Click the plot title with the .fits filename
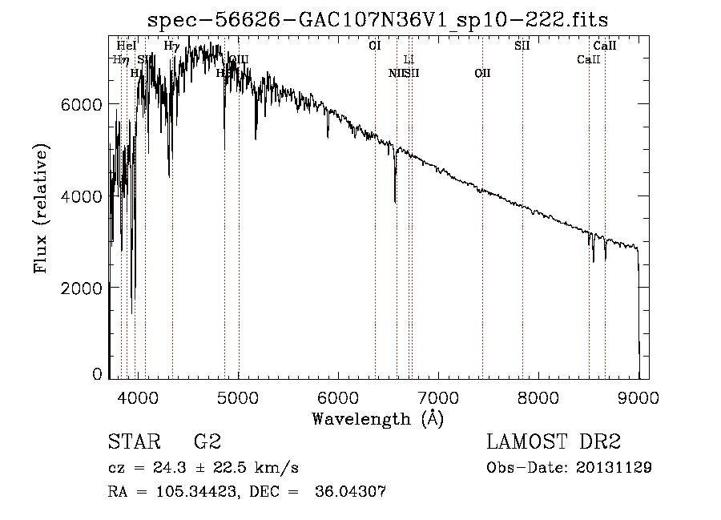point(378,18)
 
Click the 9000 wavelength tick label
point(638,396)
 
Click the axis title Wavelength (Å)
point(377,418)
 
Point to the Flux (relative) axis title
point(41,208)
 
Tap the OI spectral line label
point(375,46)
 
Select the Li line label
point(409,59)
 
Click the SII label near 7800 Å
point(522,46)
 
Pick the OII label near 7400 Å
point(482,73)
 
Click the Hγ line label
point(171,46)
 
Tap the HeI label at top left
point(127,46)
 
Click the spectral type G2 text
point(206,442)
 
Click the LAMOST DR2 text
point(554,442)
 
